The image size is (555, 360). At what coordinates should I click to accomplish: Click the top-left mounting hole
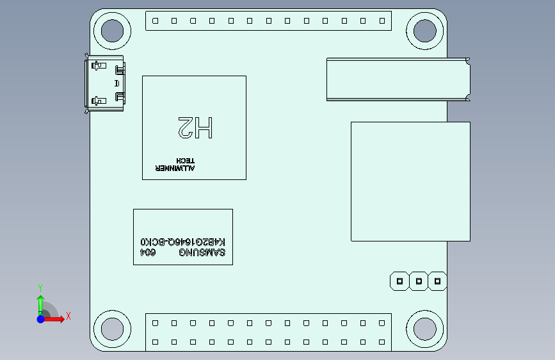112,31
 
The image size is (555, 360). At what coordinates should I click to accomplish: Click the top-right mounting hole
425,31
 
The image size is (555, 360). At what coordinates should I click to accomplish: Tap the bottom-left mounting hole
112,329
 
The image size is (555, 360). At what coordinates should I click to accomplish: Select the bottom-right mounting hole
425,329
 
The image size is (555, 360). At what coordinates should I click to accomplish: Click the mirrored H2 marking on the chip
195,127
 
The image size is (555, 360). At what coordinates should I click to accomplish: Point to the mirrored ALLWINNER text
175,168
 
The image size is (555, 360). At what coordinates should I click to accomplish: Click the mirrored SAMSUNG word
202,252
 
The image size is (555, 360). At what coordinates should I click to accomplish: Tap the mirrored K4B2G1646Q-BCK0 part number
182,242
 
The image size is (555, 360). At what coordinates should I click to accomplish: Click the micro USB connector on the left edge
104,83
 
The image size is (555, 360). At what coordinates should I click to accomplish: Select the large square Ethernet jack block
410,181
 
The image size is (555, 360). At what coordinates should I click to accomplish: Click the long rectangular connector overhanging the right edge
399,79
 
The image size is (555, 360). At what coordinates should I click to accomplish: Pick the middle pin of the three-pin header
419,281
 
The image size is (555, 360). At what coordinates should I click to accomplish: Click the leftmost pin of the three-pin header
399,281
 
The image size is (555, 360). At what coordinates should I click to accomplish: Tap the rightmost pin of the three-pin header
437,281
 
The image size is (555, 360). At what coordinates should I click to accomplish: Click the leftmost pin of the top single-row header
155,21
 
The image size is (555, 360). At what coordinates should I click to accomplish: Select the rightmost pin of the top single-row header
382,21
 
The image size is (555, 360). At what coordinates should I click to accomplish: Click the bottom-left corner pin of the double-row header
155,342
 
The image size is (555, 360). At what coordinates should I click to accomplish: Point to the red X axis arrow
54,319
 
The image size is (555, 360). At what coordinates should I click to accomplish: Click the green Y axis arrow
41,306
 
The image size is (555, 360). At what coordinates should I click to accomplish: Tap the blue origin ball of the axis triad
41,319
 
